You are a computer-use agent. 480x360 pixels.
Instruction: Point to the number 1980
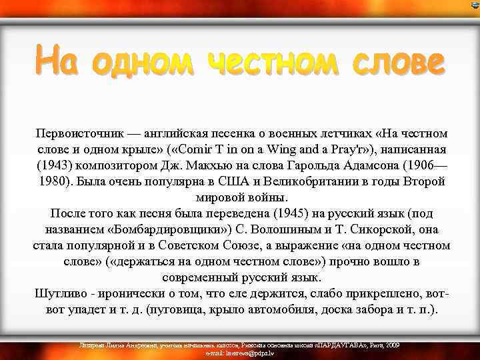(54, 181)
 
